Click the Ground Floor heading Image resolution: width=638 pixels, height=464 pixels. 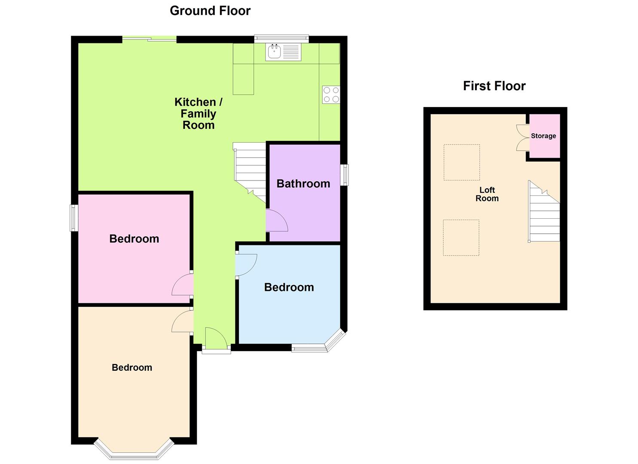(x=210, y=11)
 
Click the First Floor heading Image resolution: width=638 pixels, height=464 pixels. (x=494, y=86)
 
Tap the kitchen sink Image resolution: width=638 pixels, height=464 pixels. (x=275, y=52)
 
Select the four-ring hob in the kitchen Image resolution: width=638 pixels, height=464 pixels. (x=331, y=95)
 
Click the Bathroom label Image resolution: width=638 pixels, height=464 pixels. (x=303, y=184)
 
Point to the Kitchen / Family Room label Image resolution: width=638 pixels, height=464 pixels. (x=198, y=114)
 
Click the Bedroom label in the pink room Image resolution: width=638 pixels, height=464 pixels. (x=134, y=239)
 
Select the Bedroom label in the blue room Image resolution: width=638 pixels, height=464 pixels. (x=289, y=287)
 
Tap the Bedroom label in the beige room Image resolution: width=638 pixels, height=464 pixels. (x=132, y=368)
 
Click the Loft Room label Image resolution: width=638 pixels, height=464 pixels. (x=487, y=194)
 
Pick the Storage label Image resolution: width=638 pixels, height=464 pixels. (x=543, y=136)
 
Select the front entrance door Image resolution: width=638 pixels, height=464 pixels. (x=216, y=339)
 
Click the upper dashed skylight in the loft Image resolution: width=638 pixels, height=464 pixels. (x=461, y=162)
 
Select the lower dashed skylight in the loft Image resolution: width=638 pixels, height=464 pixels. (x=461, y=238)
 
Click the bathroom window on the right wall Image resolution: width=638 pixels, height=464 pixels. (x=345, y=175)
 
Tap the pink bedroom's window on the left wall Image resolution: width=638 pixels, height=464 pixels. (x=74, y=218)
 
